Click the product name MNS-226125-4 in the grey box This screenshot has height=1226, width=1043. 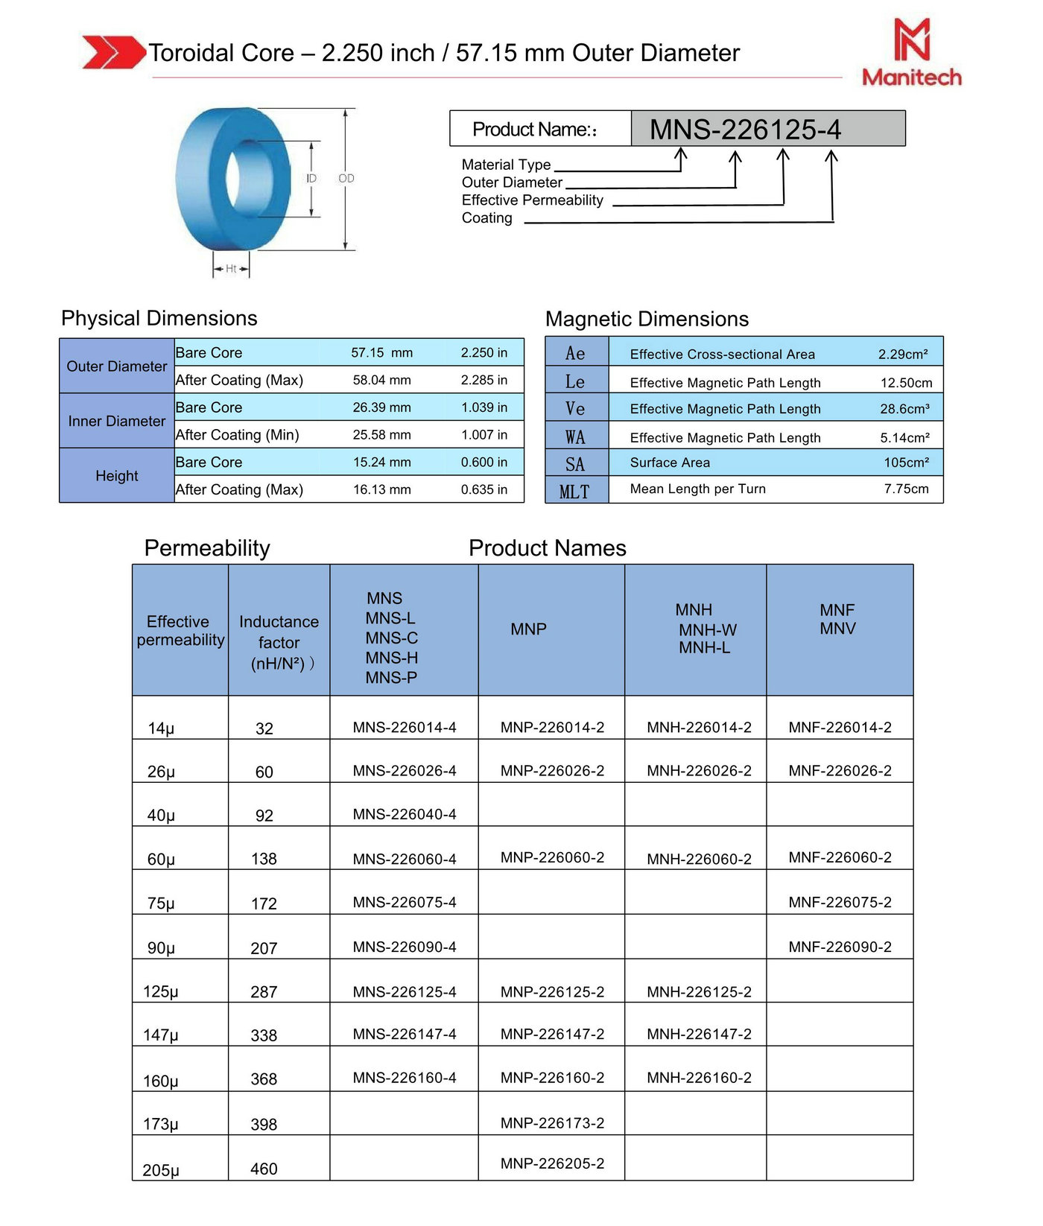pyautogui.click(x=745, y=130)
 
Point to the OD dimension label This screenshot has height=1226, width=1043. pyautogui.click(x=346, y=178)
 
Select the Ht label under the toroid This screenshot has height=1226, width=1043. pyautogui.click(x=231, y=269)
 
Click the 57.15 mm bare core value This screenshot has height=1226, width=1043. pyautogui.click(x=381, y=353)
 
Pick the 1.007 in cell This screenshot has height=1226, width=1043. pyautogui.click(x=484, y=435)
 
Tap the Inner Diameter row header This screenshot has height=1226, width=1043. pyautogui.click(x=117, y=421)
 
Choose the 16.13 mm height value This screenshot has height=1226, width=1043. pyautogui.click(x=381, y=490)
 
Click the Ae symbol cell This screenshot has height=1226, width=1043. pyautogui.click(x=575, y=353)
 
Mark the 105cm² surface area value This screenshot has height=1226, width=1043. pyautogui.click(x=906, y=463)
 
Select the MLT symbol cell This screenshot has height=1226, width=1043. pyautogui.click(x=574, y=492)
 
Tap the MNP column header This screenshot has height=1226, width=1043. pyautogui.click(x=528, y=629)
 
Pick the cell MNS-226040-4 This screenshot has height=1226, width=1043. pyautogui.click(x=405, y=815)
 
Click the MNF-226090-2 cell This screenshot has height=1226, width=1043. pyautogui.click(x=840, y=947)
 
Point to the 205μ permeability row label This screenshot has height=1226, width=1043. pyautogui.click(x=161, y=1170)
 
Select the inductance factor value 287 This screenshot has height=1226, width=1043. pyautogui.click(x=264, y=992)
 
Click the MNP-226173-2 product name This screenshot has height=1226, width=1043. pyautogui.click(x=552, y=1123)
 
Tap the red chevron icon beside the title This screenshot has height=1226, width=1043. pyautogui.click(x=112, y=52)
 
